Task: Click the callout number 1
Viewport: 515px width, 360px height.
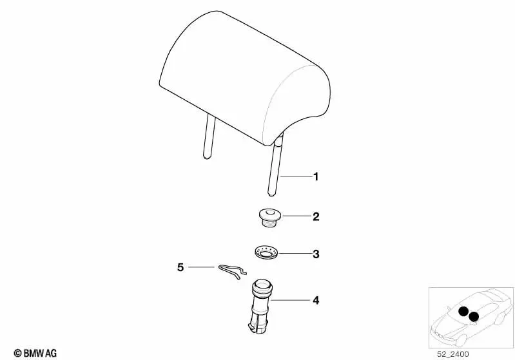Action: click(x=316, y=177)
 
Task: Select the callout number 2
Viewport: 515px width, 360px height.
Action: click(x=316, y=216)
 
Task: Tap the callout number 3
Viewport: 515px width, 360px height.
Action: click(x=316, y=254)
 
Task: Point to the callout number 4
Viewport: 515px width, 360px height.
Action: click(x=316, y=300)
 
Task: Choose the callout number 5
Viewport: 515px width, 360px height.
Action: click(x=180, y=267)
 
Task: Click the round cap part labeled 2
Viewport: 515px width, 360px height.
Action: click(x=268, y=217)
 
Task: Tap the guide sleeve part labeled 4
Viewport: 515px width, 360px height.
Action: click(x=260, y=307)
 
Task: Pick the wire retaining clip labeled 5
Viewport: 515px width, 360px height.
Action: click(x=233, y=271)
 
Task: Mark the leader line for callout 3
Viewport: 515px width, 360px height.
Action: click(x=295, y=254)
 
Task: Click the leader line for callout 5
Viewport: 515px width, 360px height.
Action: click(x=201, y=267)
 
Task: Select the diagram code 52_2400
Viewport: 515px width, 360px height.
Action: click(x=453, y=354)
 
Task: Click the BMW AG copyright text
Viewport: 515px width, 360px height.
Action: click(x=35, y=353)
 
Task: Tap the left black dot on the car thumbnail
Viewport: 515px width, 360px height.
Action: click(x=463, y=311)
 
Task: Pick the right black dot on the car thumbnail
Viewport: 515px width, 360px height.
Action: click(x=473, y=317)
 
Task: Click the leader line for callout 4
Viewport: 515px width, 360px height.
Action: click(x=290, y=300)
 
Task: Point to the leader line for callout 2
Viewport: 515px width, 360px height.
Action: click(x=296, y=216)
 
